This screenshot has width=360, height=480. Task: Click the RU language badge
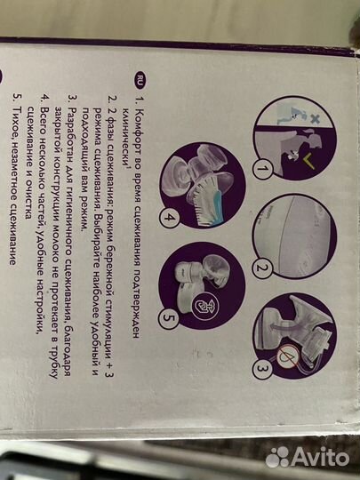point(140,80)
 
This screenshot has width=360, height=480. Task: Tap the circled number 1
point(261,169)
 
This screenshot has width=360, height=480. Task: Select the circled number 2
point(261,268)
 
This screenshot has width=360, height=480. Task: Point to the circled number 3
point(261,369)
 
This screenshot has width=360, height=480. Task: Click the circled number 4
point(169,218)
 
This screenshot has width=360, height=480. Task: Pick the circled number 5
point(168,318)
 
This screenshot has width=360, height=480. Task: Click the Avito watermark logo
point(307,457)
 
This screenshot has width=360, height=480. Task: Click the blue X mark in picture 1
point(315,119)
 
